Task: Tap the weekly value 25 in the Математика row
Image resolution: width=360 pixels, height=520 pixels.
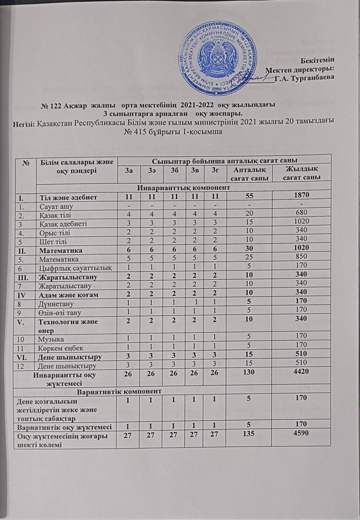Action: click(x=247, y=258)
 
